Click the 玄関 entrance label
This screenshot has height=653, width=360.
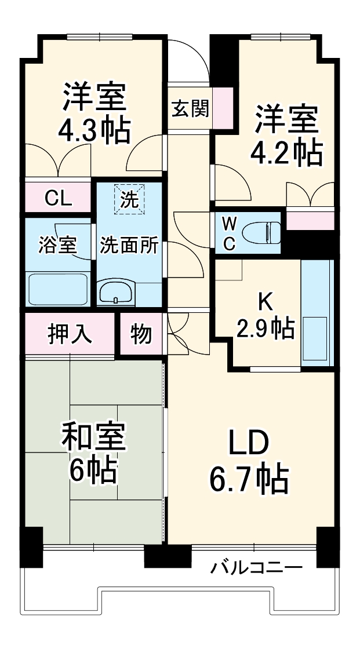[x=190, y=108]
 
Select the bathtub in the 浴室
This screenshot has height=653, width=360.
[x=58, y=288]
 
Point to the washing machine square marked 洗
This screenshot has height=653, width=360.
[x=129, y=199]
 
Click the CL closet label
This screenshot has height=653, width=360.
[x=58, y=199]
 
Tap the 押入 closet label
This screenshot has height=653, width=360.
[x=70, y=334]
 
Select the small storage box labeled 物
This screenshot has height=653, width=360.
[x=141, y=334]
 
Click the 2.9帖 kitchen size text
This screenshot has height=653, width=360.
[x=264, y=329]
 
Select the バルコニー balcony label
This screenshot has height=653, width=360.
[x=256, y=566]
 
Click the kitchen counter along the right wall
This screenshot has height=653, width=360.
[x=317, y=313]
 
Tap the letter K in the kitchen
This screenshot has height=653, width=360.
[x=265, y=302]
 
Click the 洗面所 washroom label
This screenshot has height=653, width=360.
[x=129, y=245]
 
